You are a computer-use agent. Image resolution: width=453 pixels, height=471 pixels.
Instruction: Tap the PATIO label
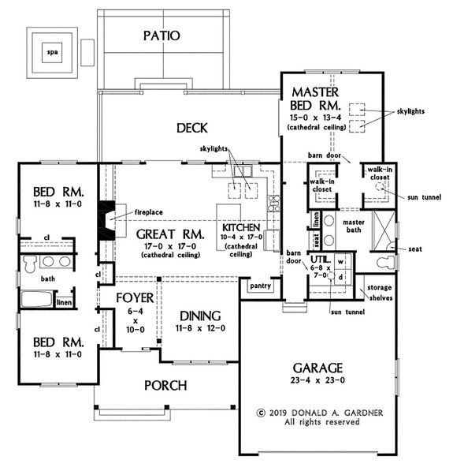pyautogui.click(x=163, y=36)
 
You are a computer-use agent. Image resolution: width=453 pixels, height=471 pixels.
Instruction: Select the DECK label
pyautogui.click(x=191, y=128)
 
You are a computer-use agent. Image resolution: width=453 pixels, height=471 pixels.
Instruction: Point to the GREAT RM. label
pyautogui.click(x=170, y=234)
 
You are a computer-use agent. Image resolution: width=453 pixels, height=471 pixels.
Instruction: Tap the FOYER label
pyautogui.click(x=128, y=300)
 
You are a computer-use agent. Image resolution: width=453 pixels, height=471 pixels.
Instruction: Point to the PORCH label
pyautogui.click(x=165, y=386)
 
